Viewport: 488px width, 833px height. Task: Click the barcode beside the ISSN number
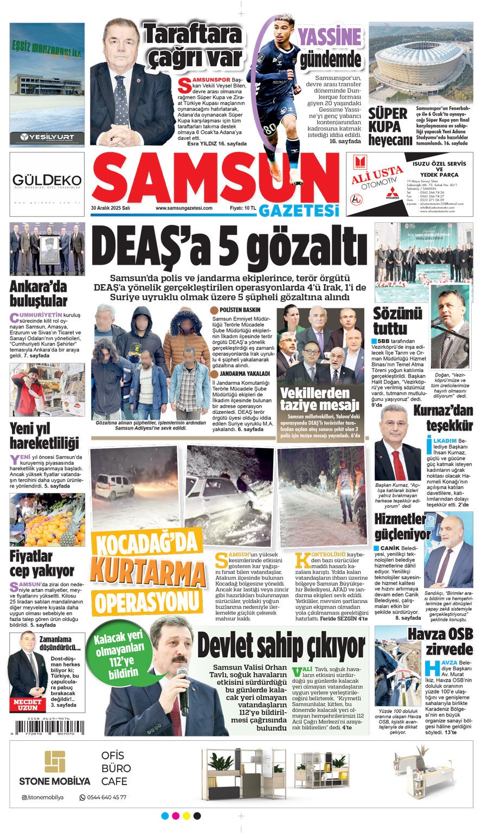pos(49,727)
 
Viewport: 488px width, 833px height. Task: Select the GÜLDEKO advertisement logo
pos(47,180)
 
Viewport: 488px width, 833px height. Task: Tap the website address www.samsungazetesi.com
pos(184,208)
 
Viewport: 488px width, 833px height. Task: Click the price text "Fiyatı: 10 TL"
pos(242,208)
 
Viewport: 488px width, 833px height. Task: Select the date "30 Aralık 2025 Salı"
pos(111,208)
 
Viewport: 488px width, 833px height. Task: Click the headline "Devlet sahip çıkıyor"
pos(281,646)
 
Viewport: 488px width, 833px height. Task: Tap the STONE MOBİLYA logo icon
pos(55,762)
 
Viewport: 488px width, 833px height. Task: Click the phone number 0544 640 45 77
pos(103,797)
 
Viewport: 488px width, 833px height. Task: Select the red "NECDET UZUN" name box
pos(27,704)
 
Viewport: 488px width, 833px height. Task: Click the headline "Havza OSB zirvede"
pos(440,642)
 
